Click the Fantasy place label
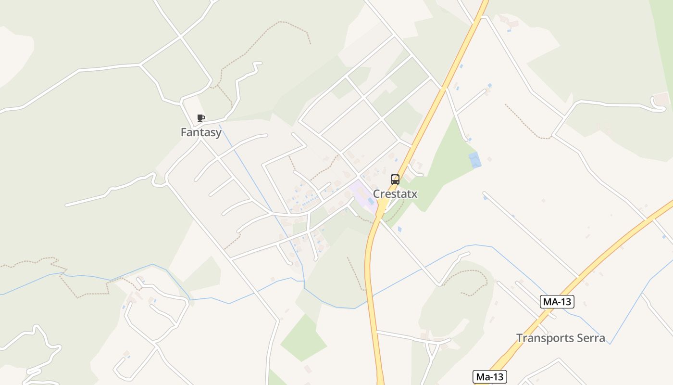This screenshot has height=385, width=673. coord(201,132)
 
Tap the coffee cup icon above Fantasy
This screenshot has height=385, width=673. coord(201,118)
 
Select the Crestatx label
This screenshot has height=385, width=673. coord(395,194)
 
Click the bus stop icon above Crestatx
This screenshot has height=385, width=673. coord(395,180)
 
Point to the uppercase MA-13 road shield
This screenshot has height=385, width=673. coord(557,302)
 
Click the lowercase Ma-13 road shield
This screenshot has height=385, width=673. coord(490,377)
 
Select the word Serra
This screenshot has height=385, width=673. coord(591,338)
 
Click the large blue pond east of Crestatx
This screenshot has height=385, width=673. coord(475,160)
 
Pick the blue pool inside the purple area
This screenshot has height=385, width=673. coord(371,201)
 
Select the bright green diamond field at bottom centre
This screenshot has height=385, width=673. coord(304,338)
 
